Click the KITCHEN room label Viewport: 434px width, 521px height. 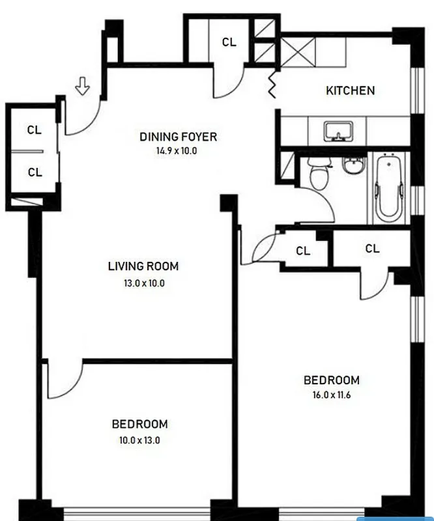tap(350, 91)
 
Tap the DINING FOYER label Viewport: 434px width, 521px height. tap(178, 137)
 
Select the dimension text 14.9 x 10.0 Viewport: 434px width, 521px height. tap(168, 150)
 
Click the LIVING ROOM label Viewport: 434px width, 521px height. tap(143, 266)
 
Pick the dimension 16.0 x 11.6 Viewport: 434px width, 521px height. tap(332, 394)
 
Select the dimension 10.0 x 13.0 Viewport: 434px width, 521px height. tap(139, 440)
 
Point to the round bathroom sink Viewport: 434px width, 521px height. tap(352, 165)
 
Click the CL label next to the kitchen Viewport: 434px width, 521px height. tap(229, 42)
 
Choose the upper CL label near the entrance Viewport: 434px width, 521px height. tap(35, 130)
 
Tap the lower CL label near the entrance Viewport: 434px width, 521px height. tap(35, 173)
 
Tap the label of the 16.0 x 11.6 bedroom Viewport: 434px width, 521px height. tap(332, 380)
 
